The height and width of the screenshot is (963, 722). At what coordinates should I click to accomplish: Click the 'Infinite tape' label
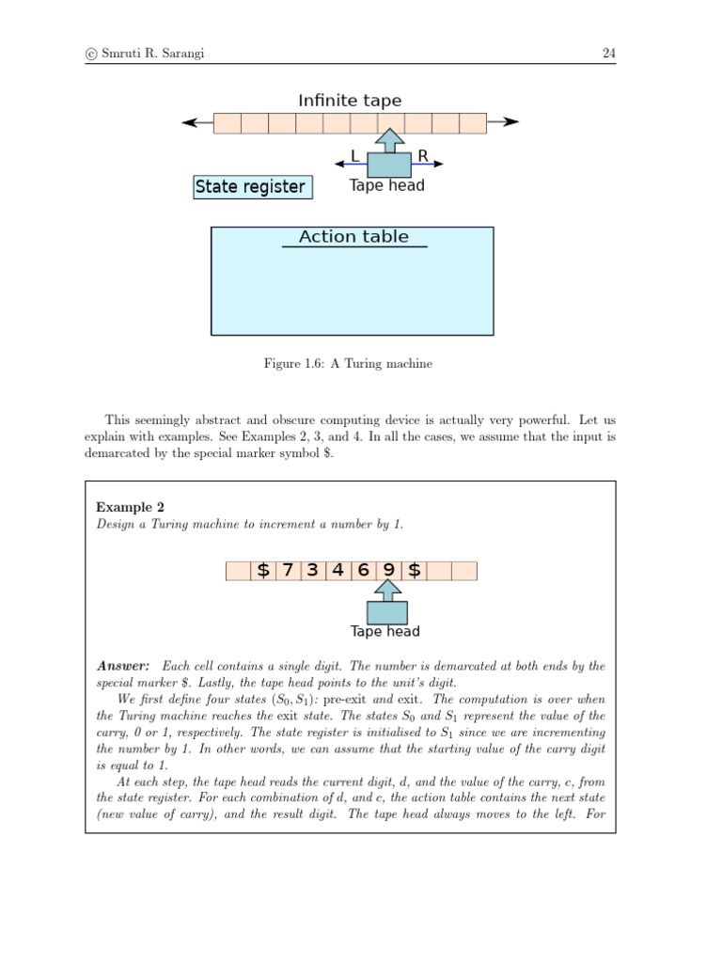pos(350,100)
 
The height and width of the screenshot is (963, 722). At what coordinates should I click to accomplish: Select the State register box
pos(250,187)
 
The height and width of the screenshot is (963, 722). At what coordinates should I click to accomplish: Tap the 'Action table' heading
pos(353,237)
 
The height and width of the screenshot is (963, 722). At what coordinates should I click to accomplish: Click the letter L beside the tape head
pos(354,156)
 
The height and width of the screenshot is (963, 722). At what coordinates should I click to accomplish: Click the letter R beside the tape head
pos(423,156)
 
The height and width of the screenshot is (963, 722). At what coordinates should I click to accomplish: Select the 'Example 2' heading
pos(131,507)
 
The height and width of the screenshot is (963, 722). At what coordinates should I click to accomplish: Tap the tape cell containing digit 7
pos(289,571)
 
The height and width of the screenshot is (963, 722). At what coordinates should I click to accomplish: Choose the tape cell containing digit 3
pos(313,571)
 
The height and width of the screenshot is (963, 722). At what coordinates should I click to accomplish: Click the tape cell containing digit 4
pos(338,571)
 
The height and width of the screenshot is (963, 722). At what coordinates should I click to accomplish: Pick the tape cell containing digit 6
pos(363,571)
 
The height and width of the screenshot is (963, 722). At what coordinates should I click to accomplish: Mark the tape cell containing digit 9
pos(388,571)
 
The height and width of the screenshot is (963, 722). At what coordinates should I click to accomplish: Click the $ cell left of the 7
pos(263,571)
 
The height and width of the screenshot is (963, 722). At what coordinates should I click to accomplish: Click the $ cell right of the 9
pos(414,571)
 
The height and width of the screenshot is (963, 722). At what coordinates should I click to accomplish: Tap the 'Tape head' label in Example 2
pos(385,632)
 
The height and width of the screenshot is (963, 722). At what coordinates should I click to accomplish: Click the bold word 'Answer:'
pos(123,666)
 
